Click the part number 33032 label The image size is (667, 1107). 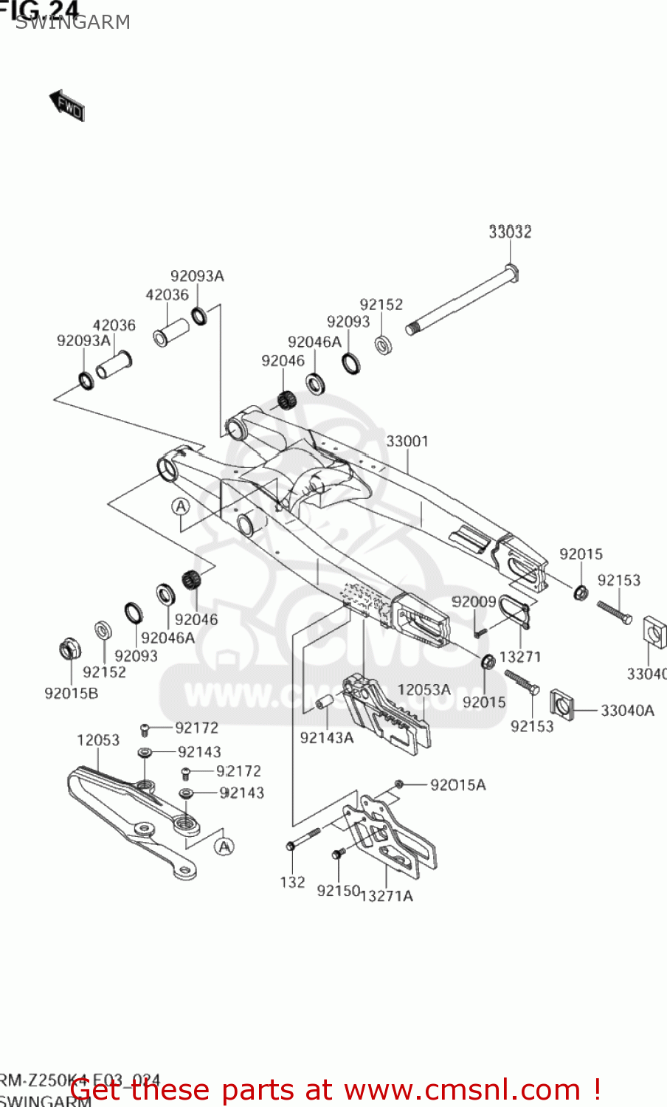point(510,232)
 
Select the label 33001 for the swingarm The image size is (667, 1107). point(407,441)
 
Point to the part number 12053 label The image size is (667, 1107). point(98,739)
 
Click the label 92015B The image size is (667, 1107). point(71,694)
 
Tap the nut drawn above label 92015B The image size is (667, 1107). point(70,649)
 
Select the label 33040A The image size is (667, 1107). point(627,711)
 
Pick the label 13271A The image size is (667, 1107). point(388,896)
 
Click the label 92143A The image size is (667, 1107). point(326,737)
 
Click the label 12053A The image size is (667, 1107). point(424,690)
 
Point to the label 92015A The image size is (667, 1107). point(457,785)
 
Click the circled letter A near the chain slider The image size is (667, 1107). point(225,846)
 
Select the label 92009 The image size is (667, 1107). point(474,602)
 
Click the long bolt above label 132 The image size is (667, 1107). point(303,838)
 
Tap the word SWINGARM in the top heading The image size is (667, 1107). point(73,22)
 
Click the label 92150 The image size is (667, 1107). point(338,891)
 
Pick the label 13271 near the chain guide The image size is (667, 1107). point(519,657)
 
